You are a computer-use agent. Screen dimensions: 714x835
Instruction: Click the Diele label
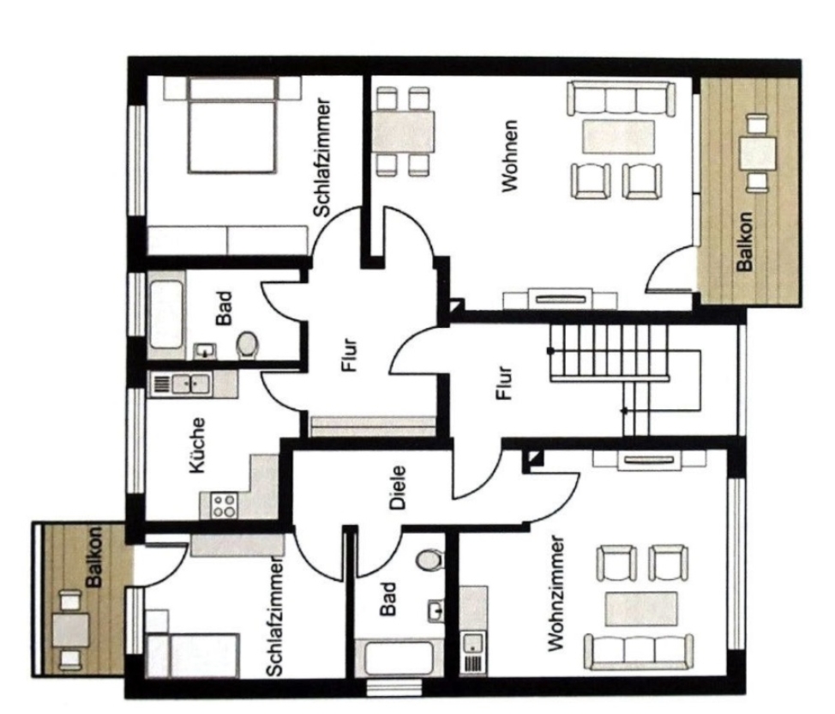pos(398,487)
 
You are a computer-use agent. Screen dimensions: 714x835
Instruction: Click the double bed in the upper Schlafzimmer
pos(231,124)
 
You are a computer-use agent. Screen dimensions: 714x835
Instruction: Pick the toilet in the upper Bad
pos(248,345)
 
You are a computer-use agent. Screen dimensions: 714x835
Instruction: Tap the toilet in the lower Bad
pos(427,560)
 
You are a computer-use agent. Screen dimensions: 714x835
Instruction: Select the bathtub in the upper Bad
pos(166,316)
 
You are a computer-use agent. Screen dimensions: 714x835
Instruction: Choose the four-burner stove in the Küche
pos(225,505)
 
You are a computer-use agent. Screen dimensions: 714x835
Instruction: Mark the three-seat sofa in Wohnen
pos(617,99)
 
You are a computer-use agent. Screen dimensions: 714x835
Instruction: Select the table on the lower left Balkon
pos(70,631)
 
